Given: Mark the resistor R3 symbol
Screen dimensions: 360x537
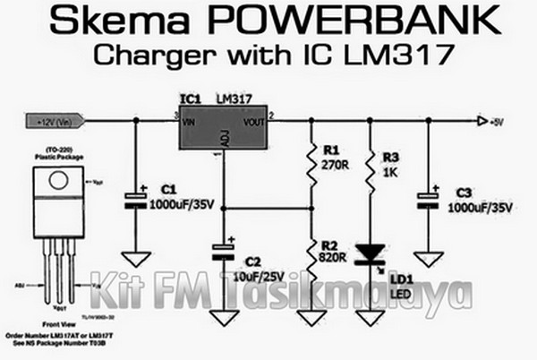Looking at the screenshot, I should click(370, 168).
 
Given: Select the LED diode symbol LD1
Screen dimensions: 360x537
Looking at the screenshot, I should click(370, 255).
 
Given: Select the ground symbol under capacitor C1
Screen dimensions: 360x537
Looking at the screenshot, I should click(135, 260).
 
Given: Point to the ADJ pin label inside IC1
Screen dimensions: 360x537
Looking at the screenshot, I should click(223, 137).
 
